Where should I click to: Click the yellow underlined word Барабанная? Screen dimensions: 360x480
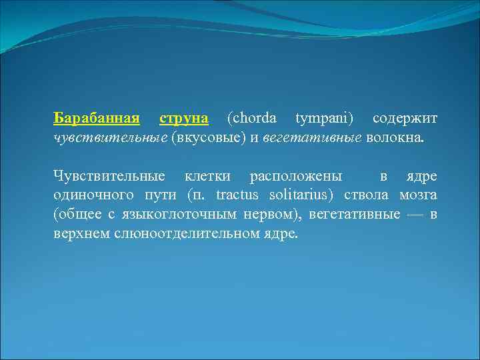pyautogui.click(x=97, y=119)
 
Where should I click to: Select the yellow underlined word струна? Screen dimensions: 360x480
pyautogui.click(x=184, y=119)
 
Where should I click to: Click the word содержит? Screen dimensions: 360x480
pyautogui.click(x=405, y=119)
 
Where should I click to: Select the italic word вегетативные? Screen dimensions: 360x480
pyautogui.click(x=312, y=138)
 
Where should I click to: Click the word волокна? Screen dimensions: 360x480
pyautogui.click(x=394, y=138)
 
